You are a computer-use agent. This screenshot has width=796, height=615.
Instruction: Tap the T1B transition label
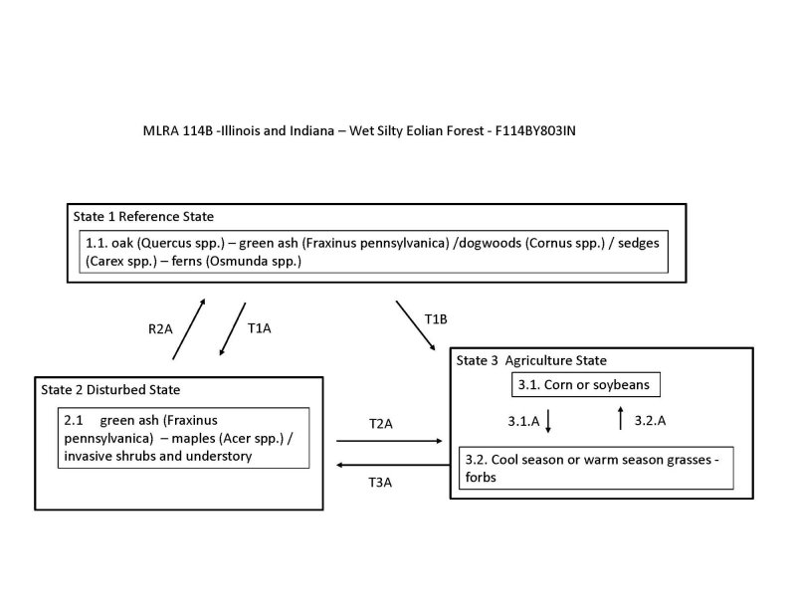[x=437, y=318]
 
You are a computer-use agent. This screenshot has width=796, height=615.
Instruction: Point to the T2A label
[x=381, y=424]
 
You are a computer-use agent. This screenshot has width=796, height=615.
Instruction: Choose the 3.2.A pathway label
[x=650, y=421]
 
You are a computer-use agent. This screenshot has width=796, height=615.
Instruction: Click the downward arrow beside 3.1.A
[x=548, y=420]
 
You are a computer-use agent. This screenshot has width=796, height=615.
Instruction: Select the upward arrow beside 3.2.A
[x=621, y=419]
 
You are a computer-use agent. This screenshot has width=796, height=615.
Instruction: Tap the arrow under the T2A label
[x=390, y=440]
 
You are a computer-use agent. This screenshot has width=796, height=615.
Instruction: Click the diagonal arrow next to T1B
[x=416, y=324]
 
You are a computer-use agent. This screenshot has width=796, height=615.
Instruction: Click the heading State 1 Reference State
[x=143, y=216]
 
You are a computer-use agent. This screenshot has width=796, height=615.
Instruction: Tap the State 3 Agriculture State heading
[x=531, y=360]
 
